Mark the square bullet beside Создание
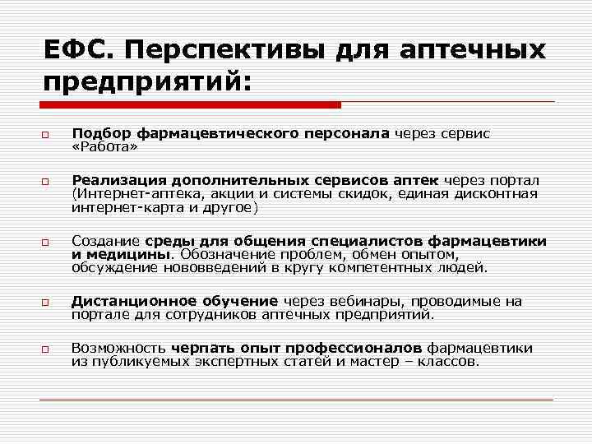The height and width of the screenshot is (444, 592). (48, 243)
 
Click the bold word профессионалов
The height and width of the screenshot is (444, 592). (358, 349)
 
